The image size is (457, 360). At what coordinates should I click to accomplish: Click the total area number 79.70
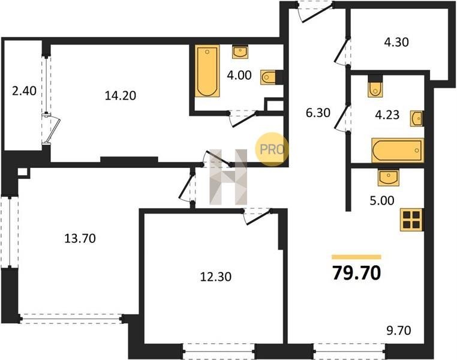356,274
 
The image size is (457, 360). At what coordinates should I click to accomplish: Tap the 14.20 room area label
121,95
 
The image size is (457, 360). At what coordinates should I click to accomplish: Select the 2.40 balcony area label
24,91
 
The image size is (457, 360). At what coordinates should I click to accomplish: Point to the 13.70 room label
80,238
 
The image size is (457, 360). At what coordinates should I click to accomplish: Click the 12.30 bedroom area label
216,277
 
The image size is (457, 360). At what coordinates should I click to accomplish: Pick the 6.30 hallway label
318,113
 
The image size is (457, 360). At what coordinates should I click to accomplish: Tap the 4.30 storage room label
396,42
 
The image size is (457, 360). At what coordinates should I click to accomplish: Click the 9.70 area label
399,331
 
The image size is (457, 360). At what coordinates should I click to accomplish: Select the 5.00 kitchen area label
382,200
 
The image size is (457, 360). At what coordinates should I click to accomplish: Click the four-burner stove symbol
411,220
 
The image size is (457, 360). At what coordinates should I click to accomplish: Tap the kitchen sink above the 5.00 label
388,178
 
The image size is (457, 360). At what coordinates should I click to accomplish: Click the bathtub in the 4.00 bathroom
207,71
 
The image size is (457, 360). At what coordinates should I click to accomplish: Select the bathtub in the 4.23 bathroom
398,150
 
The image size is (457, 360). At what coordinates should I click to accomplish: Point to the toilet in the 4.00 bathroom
268,77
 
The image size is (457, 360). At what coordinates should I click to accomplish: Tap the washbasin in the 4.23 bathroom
416,118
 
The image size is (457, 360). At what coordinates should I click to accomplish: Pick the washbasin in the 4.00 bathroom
240,52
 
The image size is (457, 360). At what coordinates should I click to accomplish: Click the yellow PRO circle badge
272,149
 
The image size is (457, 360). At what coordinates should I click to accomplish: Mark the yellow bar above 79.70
356,257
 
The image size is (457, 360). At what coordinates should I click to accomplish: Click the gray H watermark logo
228,177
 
